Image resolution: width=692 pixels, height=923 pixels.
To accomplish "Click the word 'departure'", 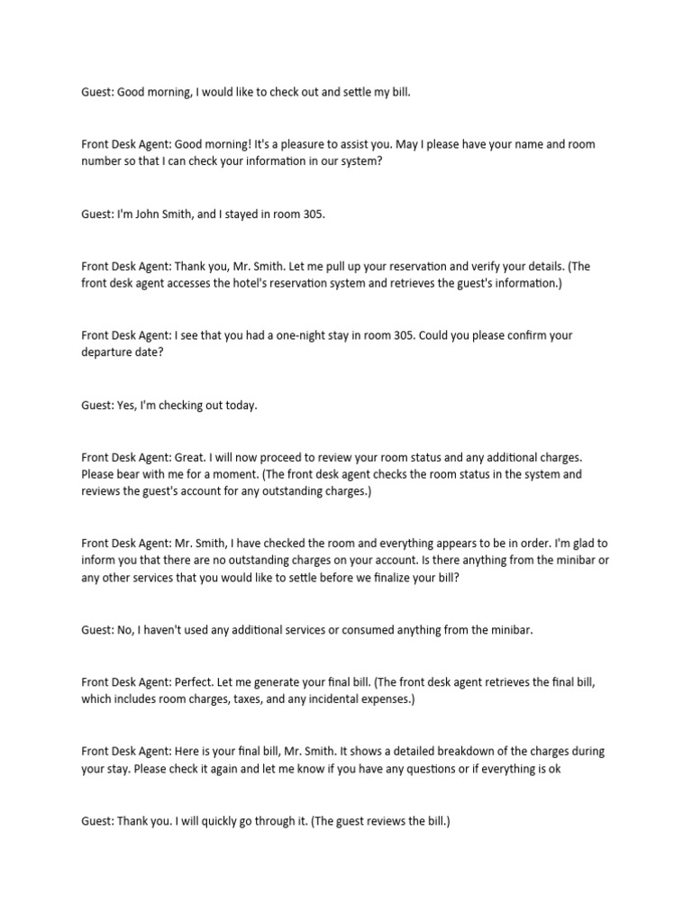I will (110, 352).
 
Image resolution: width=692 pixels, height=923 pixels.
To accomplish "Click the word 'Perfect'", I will (196, 682).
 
